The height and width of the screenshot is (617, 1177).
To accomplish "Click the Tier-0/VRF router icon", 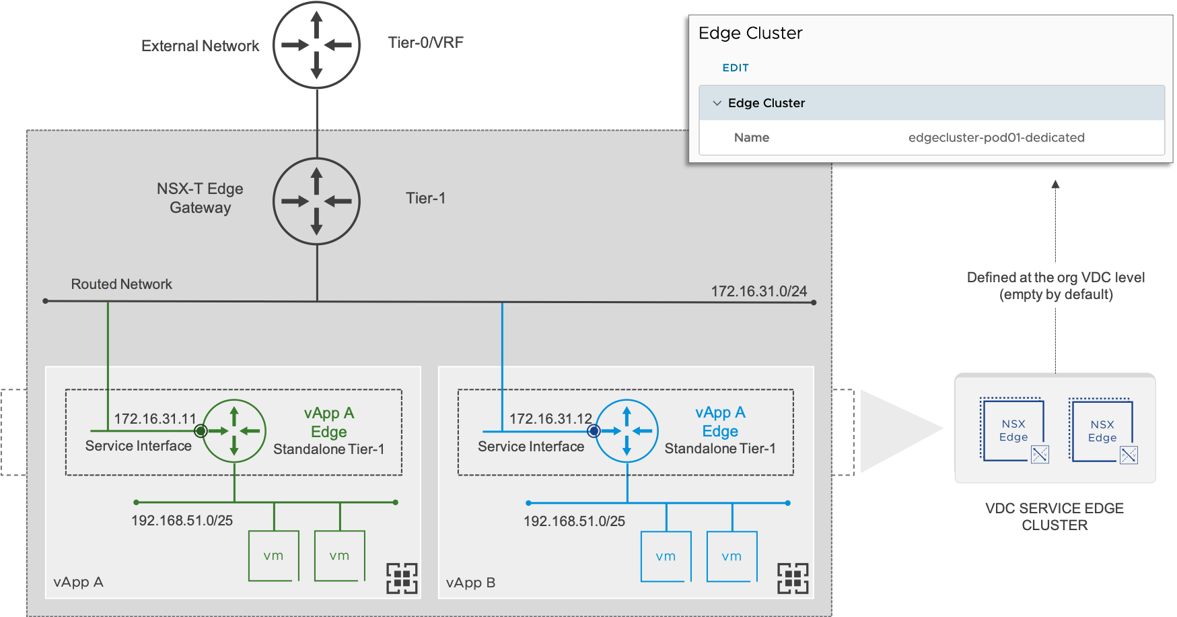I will coord(316,45).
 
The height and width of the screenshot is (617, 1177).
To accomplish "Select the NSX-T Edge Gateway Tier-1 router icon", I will coord(316,201).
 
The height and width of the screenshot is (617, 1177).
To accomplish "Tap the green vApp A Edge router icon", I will coord(234,431).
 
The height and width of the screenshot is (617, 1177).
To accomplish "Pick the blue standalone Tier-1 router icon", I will coord(627,431).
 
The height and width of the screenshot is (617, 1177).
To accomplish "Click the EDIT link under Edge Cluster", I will coord(735,68).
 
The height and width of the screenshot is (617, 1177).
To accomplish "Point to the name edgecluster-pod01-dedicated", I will coord(996,137).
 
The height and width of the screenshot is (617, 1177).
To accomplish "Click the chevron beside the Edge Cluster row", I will coord(717,103).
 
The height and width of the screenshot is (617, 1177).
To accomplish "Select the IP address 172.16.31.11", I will coord(155,419).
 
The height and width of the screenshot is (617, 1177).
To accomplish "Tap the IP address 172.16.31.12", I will coord(550,419).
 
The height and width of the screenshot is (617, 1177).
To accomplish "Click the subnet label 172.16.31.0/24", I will coord(758,291).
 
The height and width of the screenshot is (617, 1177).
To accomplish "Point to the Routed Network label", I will coord(121,284).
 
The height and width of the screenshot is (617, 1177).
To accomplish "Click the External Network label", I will coord(200,46).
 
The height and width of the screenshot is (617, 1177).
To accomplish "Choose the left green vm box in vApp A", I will coord(274,556).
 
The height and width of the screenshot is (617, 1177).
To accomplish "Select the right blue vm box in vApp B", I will coord(732,556).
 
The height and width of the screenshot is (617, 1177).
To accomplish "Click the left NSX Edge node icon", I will coord(1014,431).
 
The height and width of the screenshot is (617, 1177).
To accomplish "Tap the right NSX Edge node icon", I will coord(1103,431).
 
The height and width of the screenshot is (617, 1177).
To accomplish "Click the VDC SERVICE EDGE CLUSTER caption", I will coord(1055,517).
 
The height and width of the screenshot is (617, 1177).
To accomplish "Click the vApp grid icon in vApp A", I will coord(402,578).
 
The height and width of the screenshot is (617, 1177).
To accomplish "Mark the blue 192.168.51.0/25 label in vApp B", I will coord(574,521).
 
